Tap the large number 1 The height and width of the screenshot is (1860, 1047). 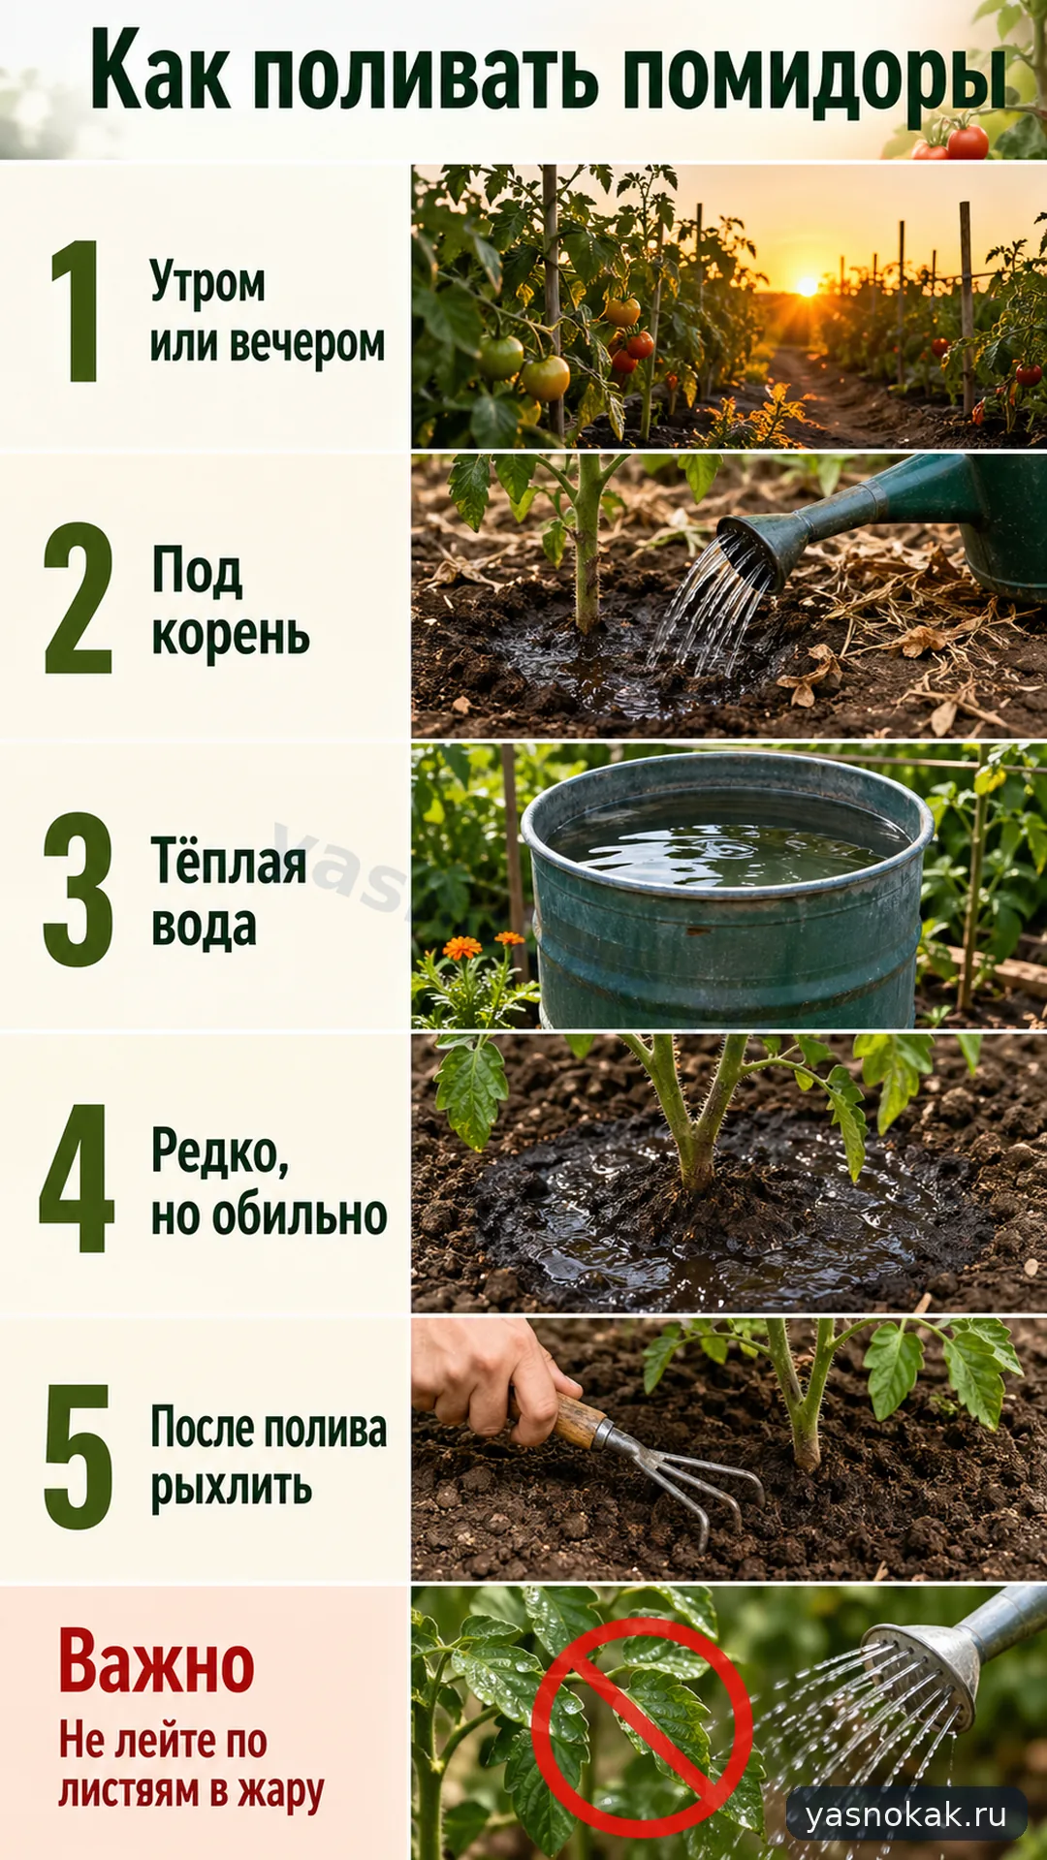point(77,310)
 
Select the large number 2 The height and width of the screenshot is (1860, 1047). point(78,597)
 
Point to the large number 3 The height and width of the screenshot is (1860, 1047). point(78,889)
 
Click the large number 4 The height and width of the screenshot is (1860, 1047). point(77,1178)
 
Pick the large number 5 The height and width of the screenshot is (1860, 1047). point(79,1457)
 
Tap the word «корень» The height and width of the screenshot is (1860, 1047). point(231,636)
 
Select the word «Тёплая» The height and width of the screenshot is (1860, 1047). point(229,860)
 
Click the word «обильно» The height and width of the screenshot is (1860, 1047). point(300,1214)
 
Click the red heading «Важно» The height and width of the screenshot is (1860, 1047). point(156,1660)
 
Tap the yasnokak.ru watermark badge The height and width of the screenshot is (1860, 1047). point(906,1813)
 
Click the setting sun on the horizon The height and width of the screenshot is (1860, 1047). point(807,287)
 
